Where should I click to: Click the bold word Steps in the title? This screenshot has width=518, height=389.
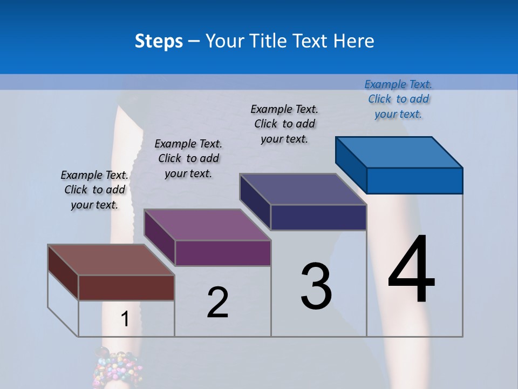pos(159,41)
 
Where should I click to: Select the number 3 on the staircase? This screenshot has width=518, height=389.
pos(316,286)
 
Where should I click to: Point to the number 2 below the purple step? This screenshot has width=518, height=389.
pos(218,303)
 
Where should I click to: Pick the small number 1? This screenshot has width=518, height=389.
pos(125,319)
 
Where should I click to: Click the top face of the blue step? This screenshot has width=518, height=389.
pos(399,152)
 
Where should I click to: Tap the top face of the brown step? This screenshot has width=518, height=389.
pos(111,260)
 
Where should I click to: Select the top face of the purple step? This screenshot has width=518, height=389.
pos(207,225)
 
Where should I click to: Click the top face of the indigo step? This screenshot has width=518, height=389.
pos(303,189)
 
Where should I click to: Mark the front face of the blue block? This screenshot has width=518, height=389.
pos(414,180)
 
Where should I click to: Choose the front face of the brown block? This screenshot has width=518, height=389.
pos(126,287)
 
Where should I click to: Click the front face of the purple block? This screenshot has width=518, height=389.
pos(223,253)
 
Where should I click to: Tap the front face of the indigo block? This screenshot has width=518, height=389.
pos(318,217)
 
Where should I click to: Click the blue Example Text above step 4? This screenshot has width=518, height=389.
pos(398,99)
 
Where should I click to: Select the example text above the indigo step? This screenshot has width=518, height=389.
pos(284,124)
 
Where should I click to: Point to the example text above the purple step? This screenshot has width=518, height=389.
pos(188,158)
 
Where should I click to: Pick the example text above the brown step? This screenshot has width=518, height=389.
pos(94,190)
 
